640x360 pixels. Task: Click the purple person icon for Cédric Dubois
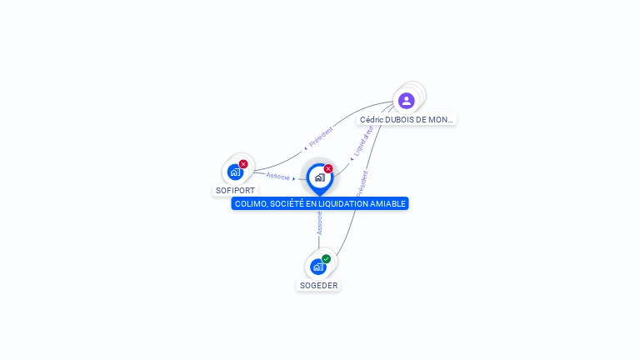tap(406, 101)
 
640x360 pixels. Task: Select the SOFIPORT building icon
tap(235, 172)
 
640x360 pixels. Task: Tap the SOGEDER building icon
tap(317, 267)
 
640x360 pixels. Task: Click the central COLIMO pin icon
tap(319, 177)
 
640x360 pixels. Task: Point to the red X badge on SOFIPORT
tap(243, 164)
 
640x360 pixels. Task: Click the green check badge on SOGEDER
tap(326, 259)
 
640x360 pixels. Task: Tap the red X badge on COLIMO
tap(328, 169)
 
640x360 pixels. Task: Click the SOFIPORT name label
tap(235, 190)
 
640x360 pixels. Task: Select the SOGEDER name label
tap(319, 285)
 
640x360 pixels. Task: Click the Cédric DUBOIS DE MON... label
tap(407, 119)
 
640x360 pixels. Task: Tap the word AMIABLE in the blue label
tap(388, 204)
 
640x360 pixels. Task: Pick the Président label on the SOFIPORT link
tap(321, 136)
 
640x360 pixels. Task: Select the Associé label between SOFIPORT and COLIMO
tap(278, 177)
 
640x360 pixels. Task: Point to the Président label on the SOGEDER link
tap(362, 183)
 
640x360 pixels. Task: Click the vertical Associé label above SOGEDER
tap(319, 222)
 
